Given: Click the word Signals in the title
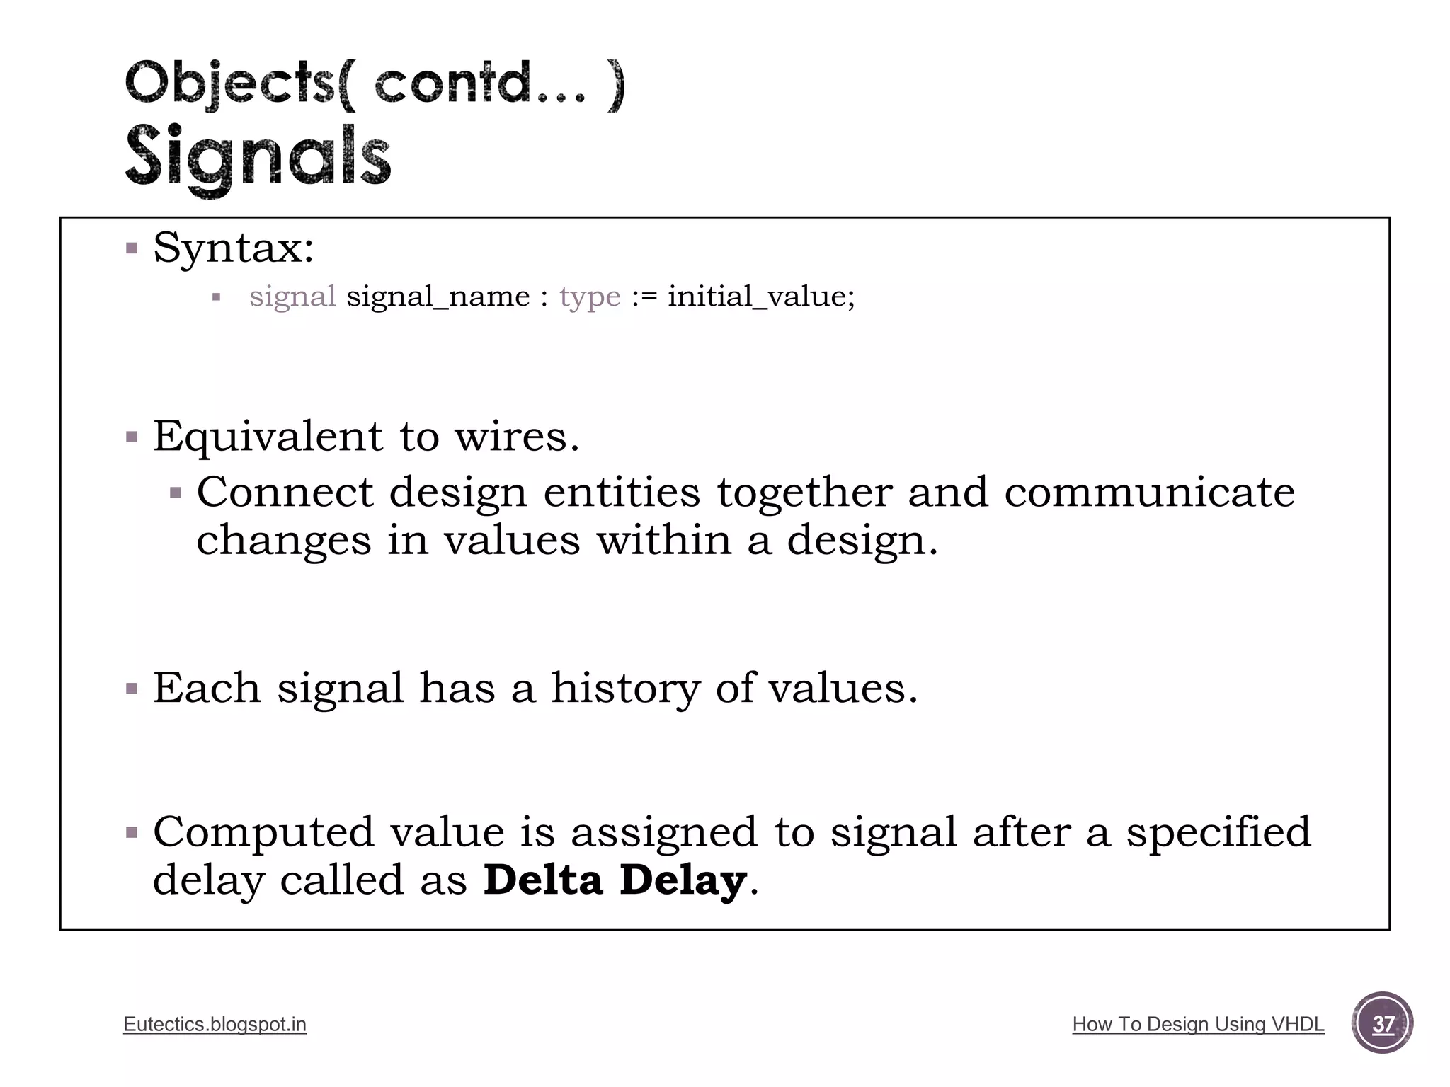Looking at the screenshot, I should (258, 157).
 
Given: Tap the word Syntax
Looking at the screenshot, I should (233, 248).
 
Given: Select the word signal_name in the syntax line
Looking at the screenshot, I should (438, 296).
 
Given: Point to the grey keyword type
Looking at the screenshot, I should (590, 297).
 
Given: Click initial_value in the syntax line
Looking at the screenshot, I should (760, 296).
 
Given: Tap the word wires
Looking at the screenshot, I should (517, 436).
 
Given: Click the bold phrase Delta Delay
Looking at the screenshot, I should (615, 880).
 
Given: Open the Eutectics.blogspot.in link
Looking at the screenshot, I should (215, 1024).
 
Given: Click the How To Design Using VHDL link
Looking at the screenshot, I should (1198, 1024).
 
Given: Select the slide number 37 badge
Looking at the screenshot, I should (1382, 1023).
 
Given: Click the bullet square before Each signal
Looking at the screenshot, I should (132, 689).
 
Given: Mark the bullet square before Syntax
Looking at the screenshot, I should (132, 248).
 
